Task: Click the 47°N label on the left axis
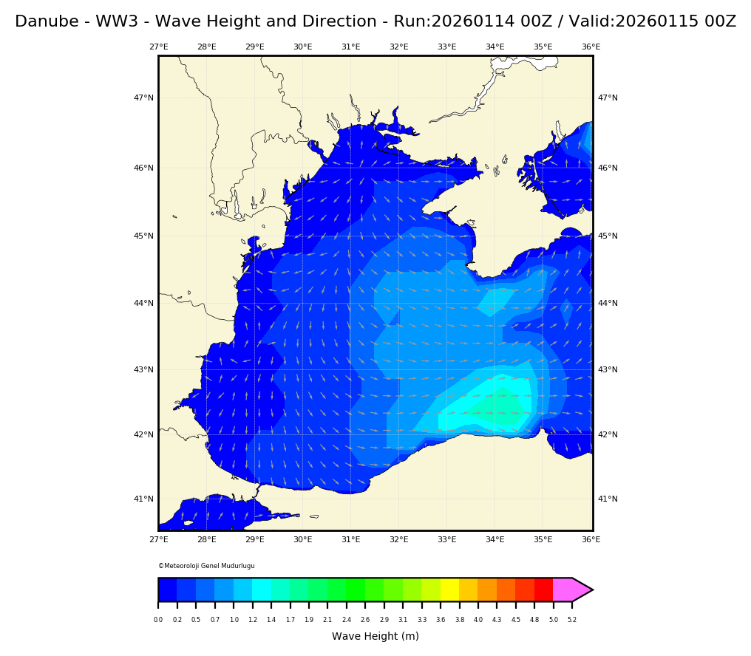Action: (143, 98)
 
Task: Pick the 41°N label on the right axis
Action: (608, 499)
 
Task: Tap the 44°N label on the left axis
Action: (143, 304)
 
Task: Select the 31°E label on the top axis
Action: (350, 47)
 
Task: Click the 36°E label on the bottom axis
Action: (591, 540)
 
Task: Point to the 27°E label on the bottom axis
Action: (158, 540)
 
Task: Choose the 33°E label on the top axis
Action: (446, 47)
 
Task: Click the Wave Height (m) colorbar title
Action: (375, 637)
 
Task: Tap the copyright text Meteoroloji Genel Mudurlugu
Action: (207, 566)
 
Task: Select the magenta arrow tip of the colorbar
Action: (581, 590)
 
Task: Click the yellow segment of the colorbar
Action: (449, 590)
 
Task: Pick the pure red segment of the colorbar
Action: (543, 590)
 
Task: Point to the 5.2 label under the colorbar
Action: (571, 620)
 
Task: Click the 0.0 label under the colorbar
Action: (158, 620)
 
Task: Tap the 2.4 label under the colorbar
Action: (346, 620)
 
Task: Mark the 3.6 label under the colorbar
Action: (441, 620)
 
